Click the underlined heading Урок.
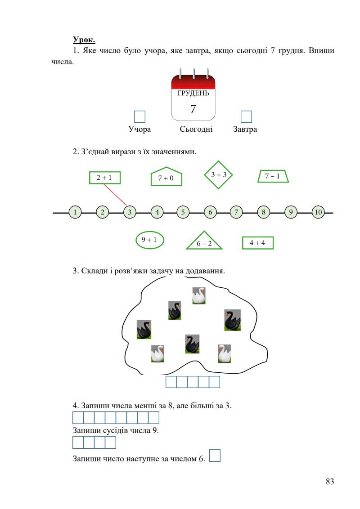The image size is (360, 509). [84, 40]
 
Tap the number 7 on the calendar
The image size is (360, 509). [193, 108]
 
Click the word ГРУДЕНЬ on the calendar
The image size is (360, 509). [193, 93]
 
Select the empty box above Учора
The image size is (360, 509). [139, 116]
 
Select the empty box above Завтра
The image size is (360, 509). [246, 116]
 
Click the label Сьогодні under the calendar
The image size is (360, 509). [196, 129]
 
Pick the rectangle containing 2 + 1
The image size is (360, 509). [105, 178]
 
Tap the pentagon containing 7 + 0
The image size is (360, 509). [166, 176]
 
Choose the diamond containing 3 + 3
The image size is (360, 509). [219, 174]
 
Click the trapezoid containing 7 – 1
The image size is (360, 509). [273, 176]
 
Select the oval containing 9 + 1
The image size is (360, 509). [150, 240]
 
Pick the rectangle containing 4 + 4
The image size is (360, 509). [258, 242]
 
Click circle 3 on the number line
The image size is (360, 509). [130, 212]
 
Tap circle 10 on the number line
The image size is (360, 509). [318, 212]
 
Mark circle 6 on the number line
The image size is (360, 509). [210, 212]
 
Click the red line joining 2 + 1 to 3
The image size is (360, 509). [115, 195]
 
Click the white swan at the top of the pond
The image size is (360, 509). [199, 296]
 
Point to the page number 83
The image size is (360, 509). [330, 482]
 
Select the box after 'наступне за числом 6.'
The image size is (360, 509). [215, 455]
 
